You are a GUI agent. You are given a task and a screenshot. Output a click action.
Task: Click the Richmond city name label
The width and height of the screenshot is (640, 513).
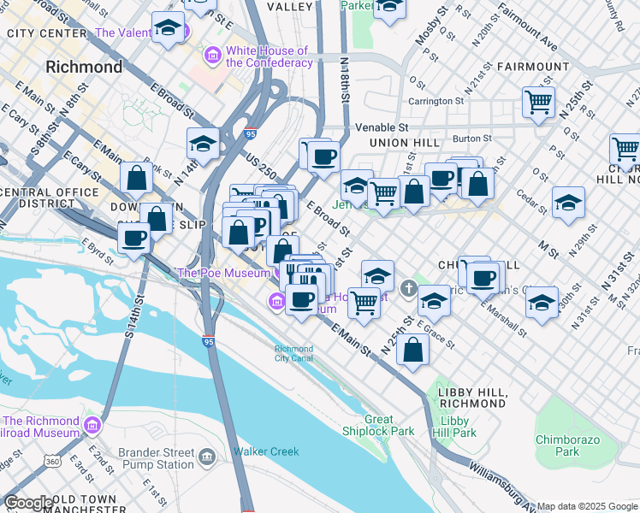coord(84,67)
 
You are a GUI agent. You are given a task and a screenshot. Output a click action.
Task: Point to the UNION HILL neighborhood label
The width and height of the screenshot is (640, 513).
coord(404,142)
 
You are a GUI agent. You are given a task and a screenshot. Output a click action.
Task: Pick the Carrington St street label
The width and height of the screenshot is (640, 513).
coord(435,100)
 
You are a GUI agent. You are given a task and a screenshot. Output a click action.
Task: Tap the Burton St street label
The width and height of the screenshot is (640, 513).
coord(471,138)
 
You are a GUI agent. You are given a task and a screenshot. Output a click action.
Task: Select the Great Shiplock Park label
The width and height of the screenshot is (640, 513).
coord(378,426)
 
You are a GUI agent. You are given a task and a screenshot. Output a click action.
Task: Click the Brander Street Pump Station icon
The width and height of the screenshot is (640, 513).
coord(206,458)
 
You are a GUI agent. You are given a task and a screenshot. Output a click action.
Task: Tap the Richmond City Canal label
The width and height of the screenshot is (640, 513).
coord(293,353)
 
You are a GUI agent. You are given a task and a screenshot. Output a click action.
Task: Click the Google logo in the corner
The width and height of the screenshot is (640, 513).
coord(27,503)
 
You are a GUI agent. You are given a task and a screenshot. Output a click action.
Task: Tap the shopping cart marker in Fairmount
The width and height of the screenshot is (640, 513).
coord(538,102)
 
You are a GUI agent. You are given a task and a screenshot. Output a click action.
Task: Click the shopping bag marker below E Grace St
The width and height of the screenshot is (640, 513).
coord(412,349)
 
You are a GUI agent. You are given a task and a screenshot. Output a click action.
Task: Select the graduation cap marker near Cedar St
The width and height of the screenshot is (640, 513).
coord(568,203)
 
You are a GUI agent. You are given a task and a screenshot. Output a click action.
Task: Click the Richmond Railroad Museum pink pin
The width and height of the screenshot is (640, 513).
coord(92,425)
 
